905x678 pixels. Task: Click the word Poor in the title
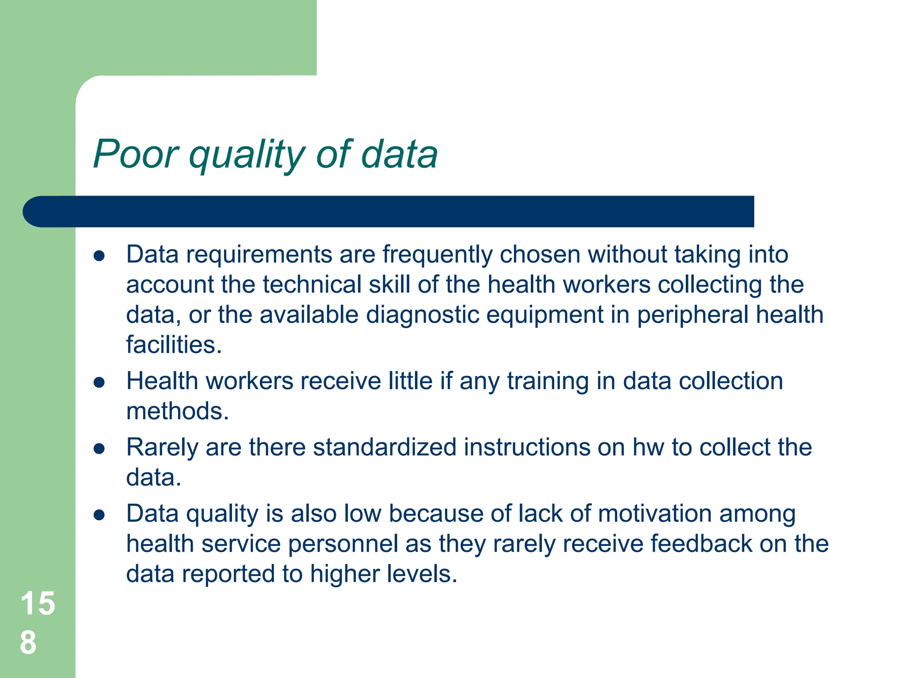pyautogui.click(x=135, y=154)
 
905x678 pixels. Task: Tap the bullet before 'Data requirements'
pyautogui.click(x=99, y=256)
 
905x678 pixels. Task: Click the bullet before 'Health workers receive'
pyautogui.click(x=99, y=382)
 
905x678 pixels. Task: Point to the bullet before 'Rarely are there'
pyautogui.click(x=99, y=449)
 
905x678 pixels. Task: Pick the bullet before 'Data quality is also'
pyautogui.click(x=99, y=515)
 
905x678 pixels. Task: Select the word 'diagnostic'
pyautogui.click(x=422, y=315)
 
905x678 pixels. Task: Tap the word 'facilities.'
pyautogui.click(x=174, y=345)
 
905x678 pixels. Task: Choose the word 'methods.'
pyautogui.click(x=177, y=411)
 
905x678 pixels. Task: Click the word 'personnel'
pyautogui.click(x=343, y=545)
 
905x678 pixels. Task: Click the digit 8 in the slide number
pyautogui.click(x=28, y=643)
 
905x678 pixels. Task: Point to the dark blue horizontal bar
pyautogui.click(x=389, y=211)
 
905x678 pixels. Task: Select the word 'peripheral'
pyautogui.click(x=692, y=315)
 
